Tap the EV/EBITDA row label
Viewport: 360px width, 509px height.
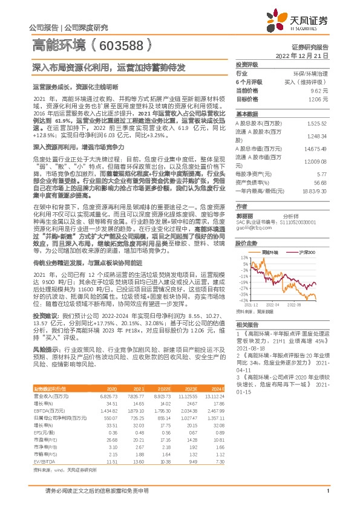42,445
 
